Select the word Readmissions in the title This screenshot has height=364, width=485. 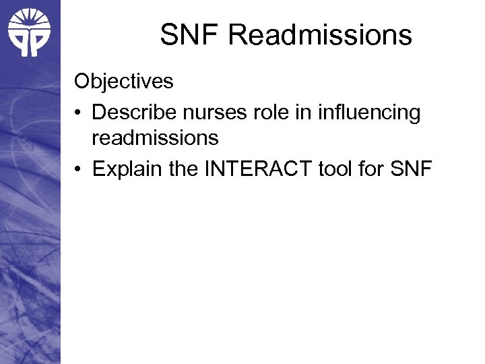(x=320, y=35)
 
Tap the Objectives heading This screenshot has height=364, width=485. (x=124, y=82)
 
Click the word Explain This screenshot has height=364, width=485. (x=127, y=169)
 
